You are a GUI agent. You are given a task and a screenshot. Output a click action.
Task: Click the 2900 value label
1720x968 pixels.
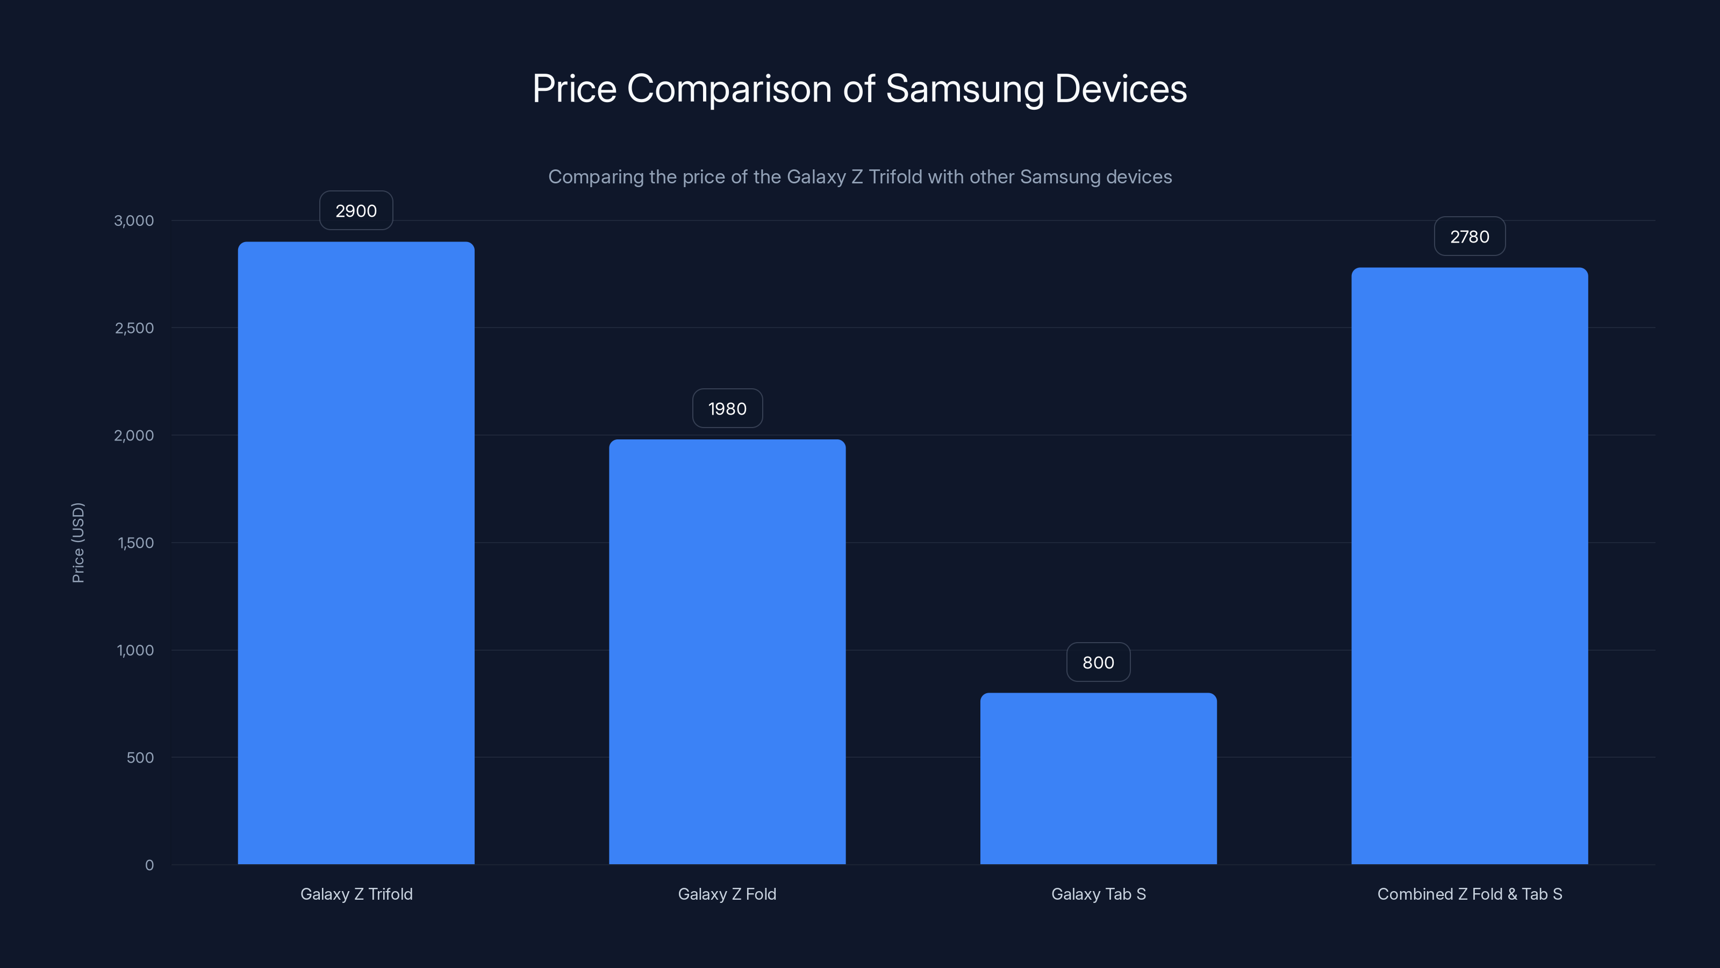pos(356,211)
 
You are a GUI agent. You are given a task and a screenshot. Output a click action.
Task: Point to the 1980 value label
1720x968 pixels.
pos(727,409)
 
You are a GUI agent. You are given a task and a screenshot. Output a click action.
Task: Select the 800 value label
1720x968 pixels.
pos(1098,663)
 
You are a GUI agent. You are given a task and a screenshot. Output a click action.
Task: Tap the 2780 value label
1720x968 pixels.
pos(1470,237)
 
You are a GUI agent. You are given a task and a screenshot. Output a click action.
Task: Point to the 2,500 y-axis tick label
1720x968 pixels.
pos(134,328)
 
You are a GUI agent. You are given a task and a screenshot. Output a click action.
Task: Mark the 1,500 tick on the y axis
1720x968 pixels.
pos(135,543)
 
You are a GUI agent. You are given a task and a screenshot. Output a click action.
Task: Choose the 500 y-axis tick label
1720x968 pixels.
pos(140,758)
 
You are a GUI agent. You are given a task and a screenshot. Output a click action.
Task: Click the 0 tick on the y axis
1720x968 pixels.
pos(149,865)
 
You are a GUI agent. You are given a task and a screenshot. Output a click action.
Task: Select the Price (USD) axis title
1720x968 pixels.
pos(78,543)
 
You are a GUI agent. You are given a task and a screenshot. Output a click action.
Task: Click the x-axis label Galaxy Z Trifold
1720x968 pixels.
pos(356,894)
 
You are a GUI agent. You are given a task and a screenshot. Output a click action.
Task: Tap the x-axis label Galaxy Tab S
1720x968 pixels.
pos(1098,894)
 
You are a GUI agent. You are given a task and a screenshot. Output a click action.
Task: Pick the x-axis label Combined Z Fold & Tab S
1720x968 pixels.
pos(1470,894)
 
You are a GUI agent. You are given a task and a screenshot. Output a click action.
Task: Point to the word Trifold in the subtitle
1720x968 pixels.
pos(895,177)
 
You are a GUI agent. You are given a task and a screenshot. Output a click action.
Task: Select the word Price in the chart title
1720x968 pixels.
pos(574,89)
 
